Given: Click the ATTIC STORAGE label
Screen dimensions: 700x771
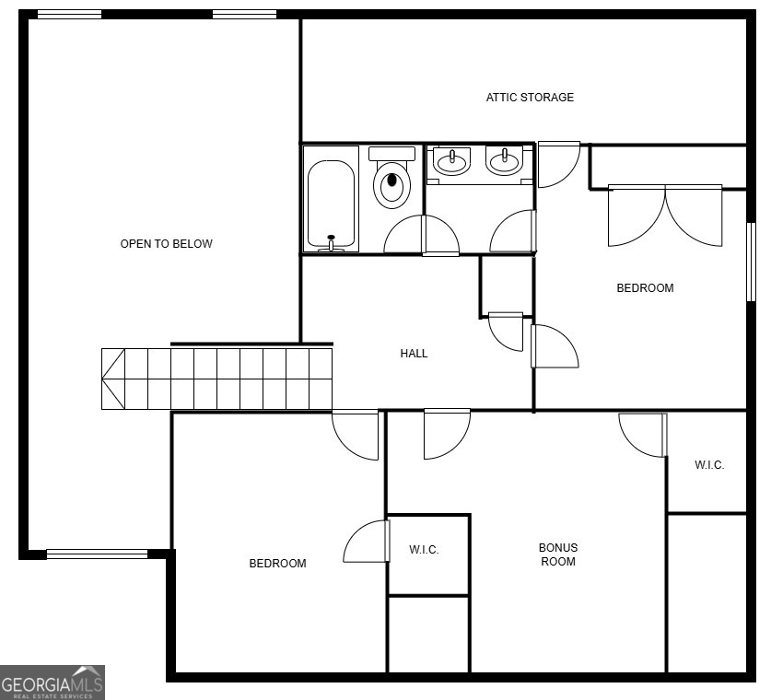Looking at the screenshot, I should (530, 98).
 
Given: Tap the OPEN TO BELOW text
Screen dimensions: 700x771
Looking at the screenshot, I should (167, 244).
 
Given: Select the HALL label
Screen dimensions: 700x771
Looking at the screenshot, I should (414, 354).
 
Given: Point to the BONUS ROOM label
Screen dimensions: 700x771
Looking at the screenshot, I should (558, 554).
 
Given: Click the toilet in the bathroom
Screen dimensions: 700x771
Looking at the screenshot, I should (391, 179).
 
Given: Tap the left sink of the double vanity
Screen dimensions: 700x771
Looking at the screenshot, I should (451, 162).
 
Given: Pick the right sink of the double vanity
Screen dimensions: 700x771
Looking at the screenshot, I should (504, 162).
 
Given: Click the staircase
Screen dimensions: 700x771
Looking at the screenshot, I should (216, 379).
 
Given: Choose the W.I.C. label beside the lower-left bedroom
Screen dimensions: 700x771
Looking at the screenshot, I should (424, 551).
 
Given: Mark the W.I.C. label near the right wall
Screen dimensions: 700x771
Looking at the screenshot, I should (709, 465).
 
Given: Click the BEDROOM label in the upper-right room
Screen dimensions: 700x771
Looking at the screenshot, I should (645, 288).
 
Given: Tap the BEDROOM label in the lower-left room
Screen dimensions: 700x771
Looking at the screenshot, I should (277, 564).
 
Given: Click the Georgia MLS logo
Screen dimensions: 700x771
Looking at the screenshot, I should (53, 682).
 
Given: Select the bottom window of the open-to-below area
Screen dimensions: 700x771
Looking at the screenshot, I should (97, 554).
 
